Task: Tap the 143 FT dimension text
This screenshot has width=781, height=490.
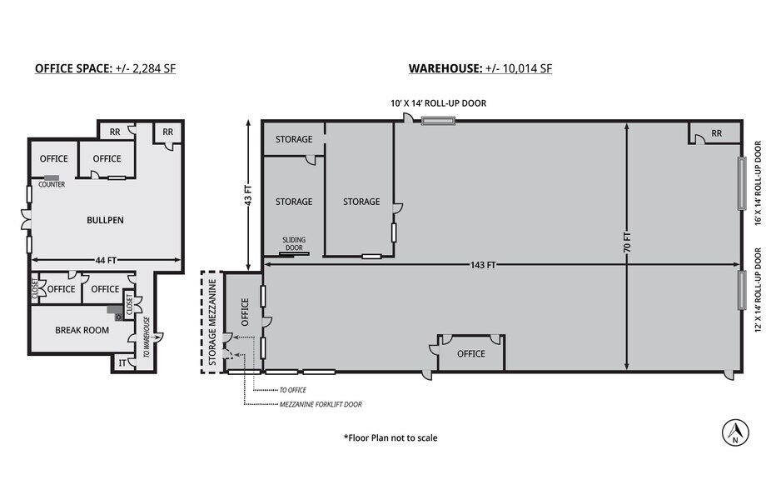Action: (484, 265)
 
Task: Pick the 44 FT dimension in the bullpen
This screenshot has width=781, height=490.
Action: (106, 261)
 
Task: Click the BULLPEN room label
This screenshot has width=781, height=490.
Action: (106, 221)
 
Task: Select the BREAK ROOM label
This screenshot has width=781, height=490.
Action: (79, 330)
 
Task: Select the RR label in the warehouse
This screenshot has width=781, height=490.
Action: (715, 133)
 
